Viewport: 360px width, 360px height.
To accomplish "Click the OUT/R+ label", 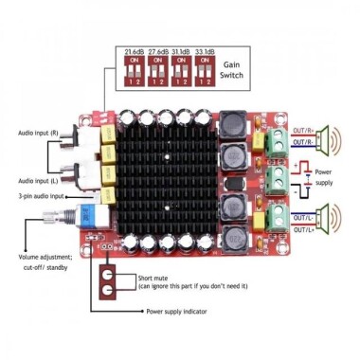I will [305, 131].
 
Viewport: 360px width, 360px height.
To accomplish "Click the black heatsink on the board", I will [167, 176].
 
